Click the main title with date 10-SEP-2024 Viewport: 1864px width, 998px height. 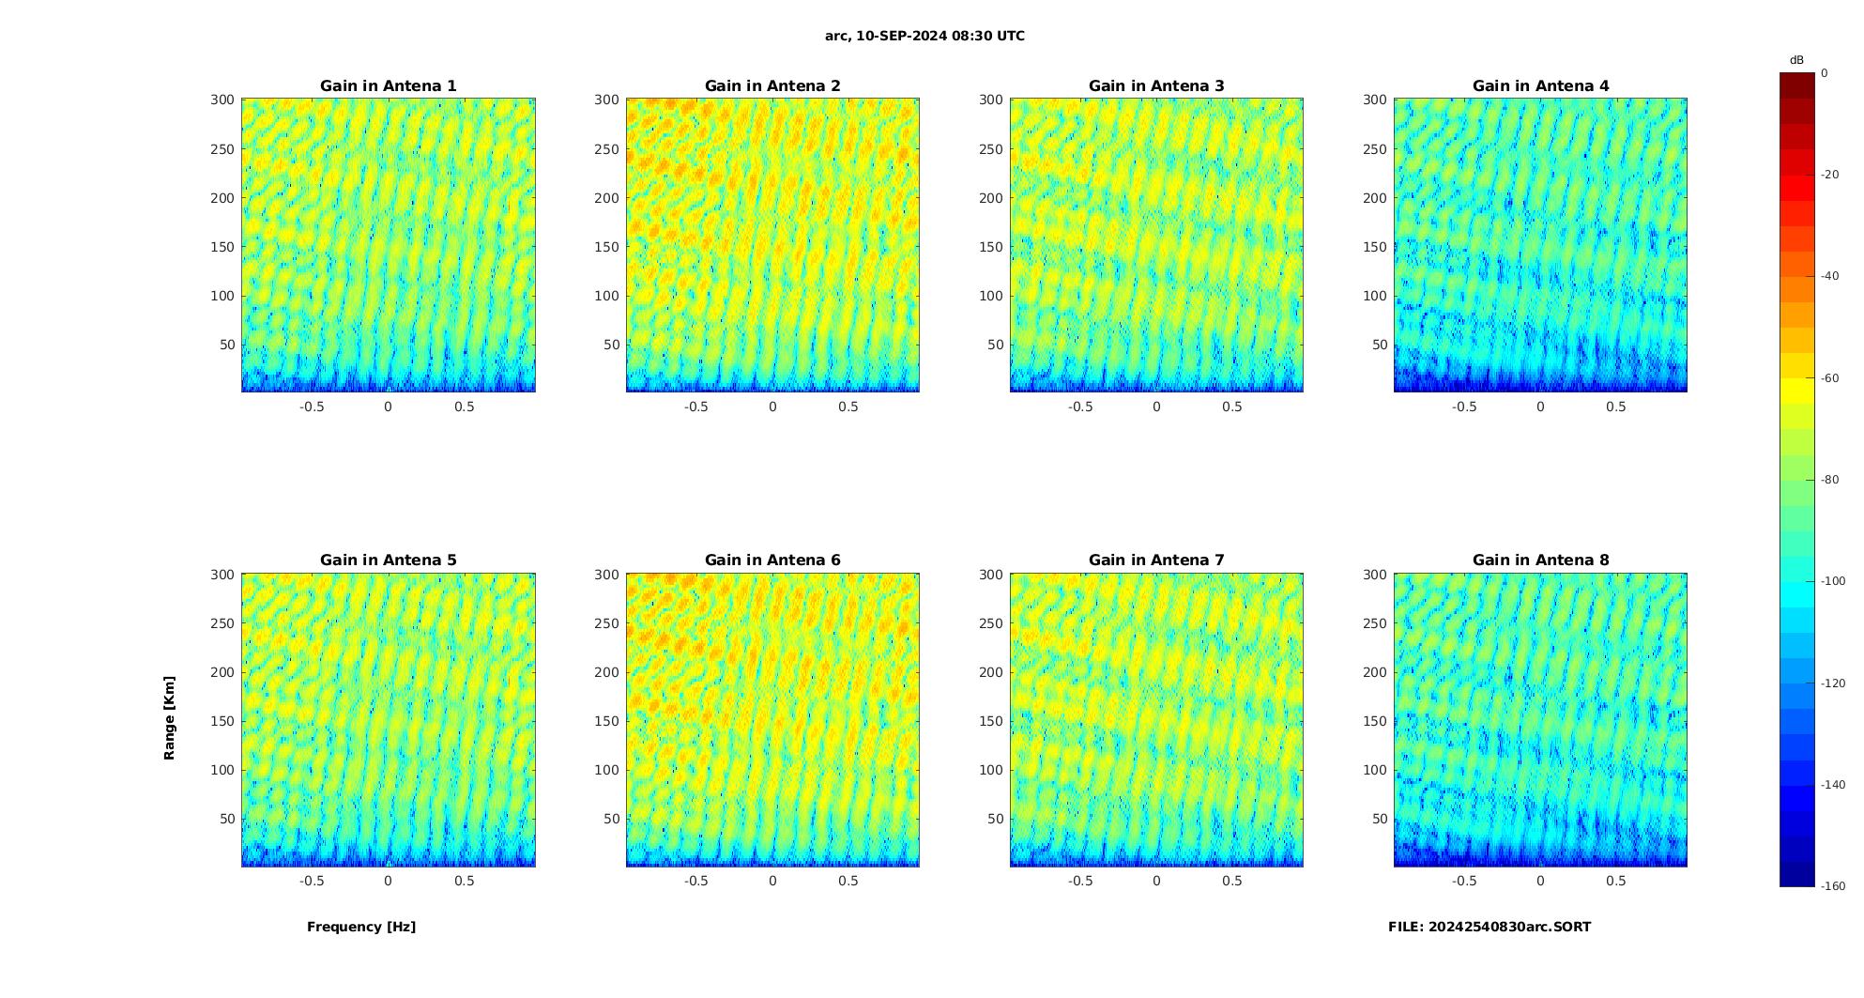(924, 37)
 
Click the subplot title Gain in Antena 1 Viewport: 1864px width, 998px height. (389, 86)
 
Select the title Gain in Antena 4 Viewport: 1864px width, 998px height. (1540, 86)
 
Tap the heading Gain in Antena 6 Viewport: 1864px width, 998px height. (772, 560)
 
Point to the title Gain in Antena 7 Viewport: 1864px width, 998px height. (1156, 560)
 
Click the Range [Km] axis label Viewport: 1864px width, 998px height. (170, 718)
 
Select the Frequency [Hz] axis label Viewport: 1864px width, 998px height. (361, 928)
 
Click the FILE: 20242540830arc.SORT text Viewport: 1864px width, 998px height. (1490, 928)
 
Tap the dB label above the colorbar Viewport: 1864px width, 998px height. (1796, 60)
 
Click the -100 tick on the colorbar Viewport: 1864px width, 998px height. (1832, 582)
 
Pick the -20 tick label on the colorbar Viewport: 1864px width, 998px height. (1830, 175)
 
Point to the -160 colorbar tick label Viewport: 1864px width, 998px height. (1832, 886)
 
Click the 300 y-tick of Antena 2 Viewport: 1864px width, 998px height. (606, 100)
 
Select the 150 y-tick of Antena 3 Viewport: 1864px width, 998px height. (990, 247)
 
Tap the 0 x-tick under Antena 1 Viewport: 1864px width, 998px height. (389, 407)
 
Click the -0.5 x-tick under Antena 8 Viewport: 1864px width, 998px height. (1463, 881)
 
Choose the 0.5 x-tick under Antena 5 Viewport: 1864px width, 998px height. (465, 881)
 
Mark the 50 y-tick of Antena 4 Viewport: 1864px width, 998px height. (1379, 345)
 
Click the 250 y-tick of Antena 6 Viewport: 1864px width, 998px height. (606, 623)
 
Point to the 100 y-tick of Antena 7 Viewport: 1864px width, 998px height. (990, 770)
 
